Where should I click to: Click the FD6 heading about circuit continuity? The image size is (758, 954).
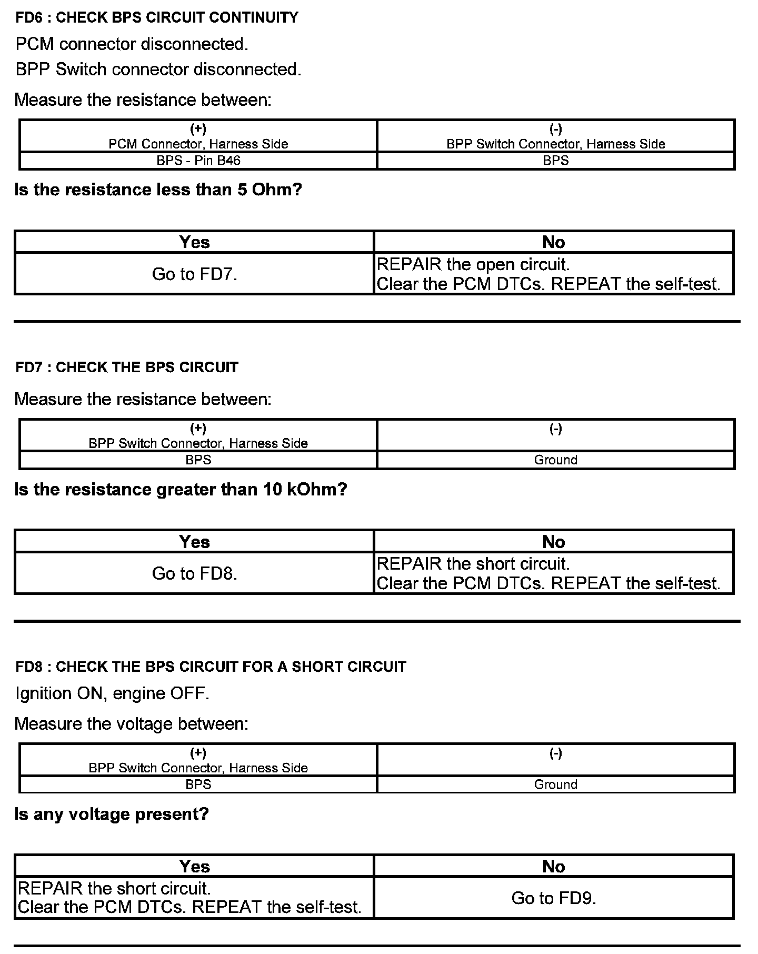(x=157, y=18)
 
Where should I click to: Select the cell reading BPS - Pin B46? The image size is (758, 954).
(x=198, y=161)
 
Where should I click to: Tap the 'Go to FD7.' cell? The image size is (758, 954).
(x=194, y=274)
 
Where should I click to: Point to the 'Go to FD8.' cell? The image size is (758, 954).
(x=194, y=573)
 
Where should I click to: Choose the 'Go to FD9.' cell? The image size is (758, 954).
(x=553, y=898)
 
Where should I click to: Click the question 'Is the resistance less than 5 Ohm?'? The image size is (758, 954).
(x=158, y=190)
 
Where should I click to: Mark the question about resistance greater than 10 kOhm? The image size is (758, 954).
(x=181, y=490)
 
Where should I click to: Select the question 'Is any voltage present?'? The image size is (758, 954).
(x=112, y=814)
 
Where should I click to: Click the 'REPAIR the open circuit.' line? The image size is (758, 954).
(x=473, y=264)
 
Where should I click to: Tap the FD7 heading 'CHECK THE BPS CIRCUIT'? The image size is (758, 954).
(x=127, y=367)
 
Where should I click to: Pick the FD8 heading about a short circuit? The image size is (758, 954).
(x=211, y=667)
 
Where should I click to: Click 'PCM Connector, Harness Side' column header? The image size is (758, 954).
(x=198, y=144)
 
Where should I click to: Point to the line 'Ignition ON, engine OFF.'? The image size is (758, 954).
(x=112, y=693)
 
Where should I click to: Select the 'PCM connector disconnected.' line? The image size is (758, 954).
(x=132, y=44)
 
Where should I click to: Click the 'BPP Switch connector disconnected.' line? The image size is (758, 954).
(x=158, y=69)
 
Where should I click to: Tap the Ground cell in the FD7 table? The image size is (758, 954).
(x=555, y=460)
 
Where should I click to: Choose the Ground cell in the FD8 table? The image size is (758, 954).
(x=555, y=784)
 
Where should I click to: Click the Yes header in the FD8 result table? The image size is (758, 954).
(x=194, y=867)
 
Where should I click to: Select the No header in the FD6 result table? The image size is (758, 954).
(x=553, y=242)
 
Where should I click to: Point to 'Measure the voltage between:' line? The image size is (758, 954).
(x=131, y=724)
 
